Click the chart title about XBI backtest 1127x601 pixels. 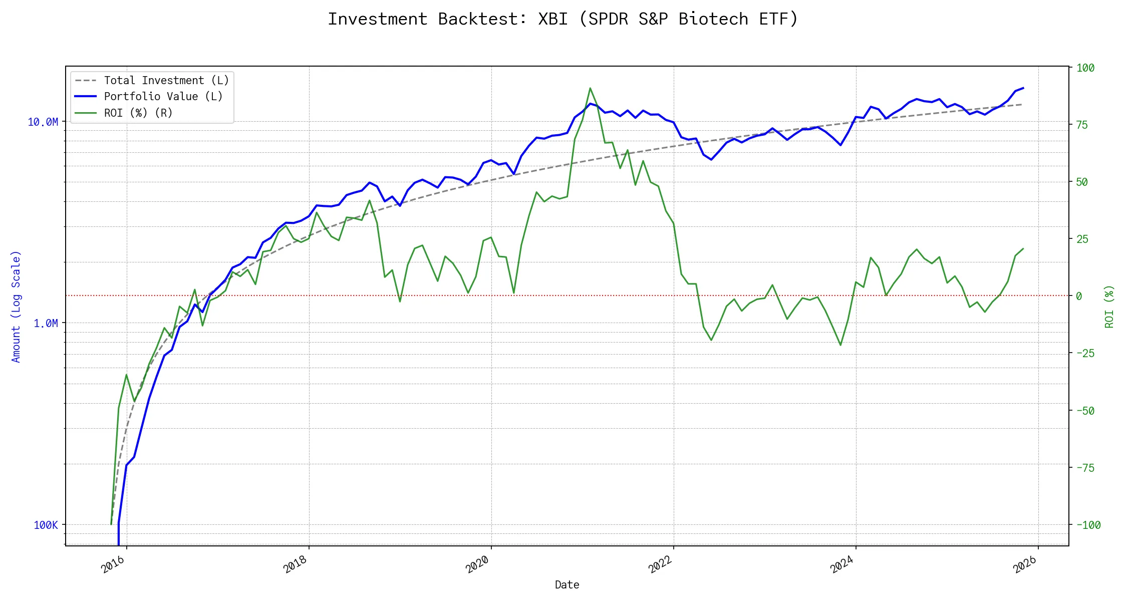[x=562, y=19]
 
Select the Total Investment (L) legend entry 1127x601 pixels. [x=166, y=81]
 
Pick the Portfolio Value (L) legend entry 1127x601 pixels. [x=163, y=97]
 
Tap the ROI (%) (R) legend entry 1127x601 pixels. [x=138, y=113]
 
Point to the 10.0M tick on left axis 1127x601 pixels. [x=43, y=122]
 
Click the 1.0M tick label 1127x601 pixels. [x=46, y=324]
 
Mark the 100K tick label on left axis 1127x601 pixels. [x=46, y=525]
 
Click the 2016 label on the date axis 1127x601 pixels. [x=113, y=565]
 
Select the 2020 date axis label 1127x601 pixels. [x=477, y=565]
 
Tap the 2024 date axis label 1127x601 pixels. [x=842, y=565]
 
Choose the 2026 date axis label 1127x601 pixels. [x=1025, y=565]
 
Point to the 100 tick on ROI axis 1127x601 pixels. [x=1085, y=68]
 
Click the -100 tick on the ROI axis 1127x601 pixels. [x=1088, y=525]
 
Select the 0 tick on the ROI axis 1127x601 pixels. [x=1079, y=296]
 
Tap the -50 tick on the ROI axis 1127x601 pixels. [x=1085, y=411]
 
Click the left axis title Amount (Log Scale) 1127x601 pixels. [x=16, y=307]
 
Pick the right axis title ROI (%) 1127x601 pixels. [x=1109, y=307]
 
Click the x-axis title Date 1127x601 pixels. [x=567, y=584]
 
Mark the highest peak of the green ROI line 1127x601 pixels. [x=590, y=88]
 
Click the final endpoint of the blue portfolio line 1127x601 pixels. [x=1023, y=88]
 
